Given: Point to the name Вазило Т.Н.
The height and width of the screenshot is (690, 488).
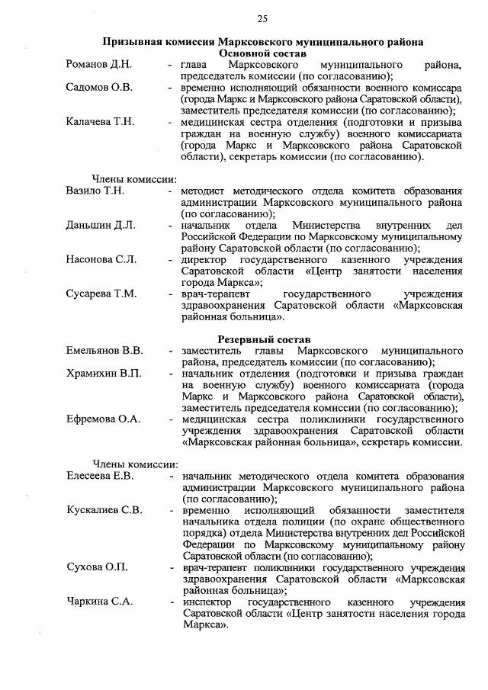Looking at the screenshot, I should coord(95,191).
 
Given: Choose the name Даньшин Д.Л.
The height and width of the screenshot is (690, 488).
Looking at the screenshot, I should coord(100,226).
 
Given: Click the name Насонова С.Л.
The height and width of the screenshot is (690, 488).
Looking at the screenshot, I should coord(101,260).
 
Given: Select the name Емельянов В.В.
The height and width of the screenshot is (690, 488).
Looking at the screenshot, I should coord(104,351).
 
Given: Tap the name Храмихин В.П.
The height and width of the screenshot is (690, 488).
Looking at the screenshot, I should coord(103,374).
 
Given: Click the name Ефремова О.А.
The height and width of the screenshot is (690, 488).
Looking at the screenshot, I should coord(101,419).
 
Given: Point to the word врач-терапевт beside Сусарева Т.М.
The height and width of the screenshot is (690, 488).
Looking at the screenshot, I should coord(213,294).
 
